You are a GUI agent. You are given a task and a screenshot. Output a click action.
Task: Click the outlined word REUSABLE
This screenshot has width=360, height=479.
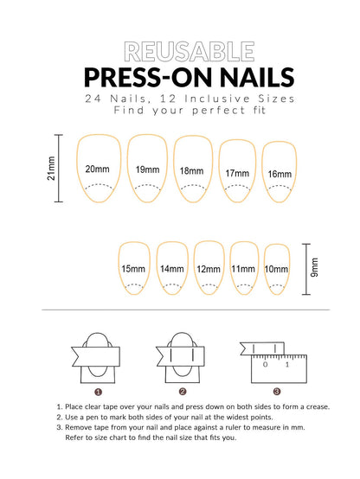click(190, 52)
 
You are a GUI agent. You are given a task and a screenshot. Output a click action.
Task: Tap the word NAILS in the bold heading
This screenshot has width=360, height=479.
click(257, 77)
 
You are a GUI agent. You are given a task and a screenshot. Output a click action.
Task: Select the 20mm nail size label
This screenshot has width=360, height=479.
click(97, 169)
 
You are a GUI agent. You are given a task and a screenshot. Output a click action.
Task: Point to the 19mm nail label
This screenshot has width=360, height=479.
click(147, 169)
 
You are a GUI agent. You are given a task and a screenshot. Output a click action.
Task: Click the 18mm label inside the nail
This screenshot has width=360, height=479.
click(191, 171)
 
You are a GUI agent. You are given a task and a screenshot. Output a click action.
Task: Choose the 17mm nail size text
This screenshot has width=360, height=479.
click(237, 173)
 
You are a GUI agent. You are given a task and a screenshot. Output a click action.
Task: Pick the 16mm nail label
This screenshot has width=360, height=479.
click(280, 174)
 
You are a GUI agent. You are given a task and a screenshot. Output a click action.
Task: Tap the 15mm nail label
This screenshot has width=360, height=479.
click(133, 269)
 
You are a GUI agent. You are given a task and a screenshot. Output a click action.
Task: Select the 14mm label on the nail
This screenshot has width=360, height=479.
click(172, 269)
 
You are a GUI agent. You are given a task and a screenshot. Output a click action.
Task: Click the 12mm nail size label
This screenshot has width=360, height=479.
click(209, 269)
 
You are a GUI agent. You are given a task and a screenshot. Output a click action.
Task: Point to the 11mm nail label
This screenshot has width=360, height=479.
click(243, 269)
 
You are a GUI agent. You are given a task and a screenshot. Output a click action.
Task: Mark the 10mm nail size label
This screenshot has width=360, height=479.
click(276, 269)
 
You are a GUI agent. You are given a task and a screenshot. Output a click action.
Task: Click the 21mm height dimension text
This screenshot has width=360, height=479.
click(51, 169)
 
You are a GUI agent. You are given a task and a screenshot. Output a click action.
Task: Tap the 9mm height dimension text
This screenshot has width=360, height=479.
click(314, 268)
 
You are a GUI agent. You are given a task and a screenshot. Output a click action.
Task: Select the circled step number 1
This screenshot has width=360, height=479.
click(98, 392)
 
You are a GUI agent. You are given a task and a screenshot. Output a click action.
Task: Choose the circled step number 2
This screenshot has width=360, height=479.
click(183, 392)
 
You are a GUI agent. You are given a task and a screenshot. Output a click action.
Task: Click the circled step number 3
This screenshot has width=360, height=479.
click(277, 392)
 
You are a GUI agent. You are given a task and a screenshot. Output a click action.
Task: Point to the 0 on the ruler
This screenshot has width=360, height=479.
click(265, 365)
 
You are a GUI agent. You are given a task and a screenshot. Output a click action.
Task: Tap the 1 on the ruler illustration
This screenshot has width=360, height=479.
click(287, 365)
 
